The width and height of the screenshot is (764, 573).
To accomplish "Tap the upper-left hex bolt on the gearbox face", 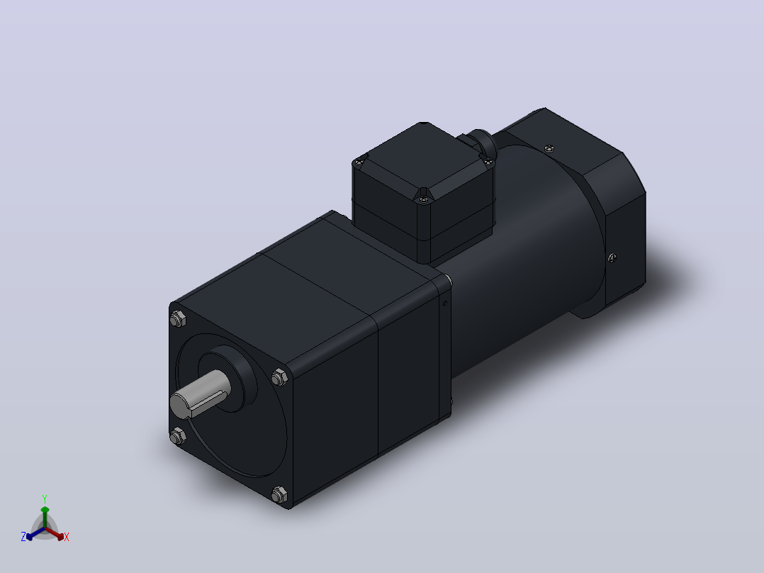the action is (178, 319).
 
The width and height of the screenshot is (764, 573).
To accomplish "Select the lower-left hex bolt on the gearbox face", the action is (177, 435).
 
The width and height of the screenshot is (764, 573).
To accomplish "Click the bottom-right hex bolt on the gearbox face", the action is (279, 494).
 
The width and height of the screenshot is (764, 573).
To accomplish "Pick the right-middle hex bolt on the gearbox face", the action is (279, 377).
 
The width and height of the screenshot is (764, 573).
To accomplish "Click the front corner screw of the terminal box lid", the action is (423, 199).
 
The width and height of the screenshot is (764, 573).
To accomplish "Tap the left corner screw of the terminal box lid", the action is (360, 162).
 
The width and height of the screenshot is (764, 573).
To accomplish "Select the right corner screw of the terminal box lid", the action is (488, 162).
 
